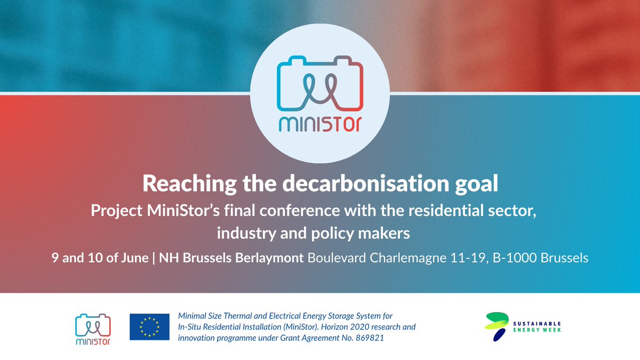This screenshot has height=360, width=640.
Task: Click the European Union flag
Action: (149, 327)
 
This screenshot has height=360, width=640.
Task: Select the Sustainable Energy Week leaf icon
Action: (495, 326)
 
